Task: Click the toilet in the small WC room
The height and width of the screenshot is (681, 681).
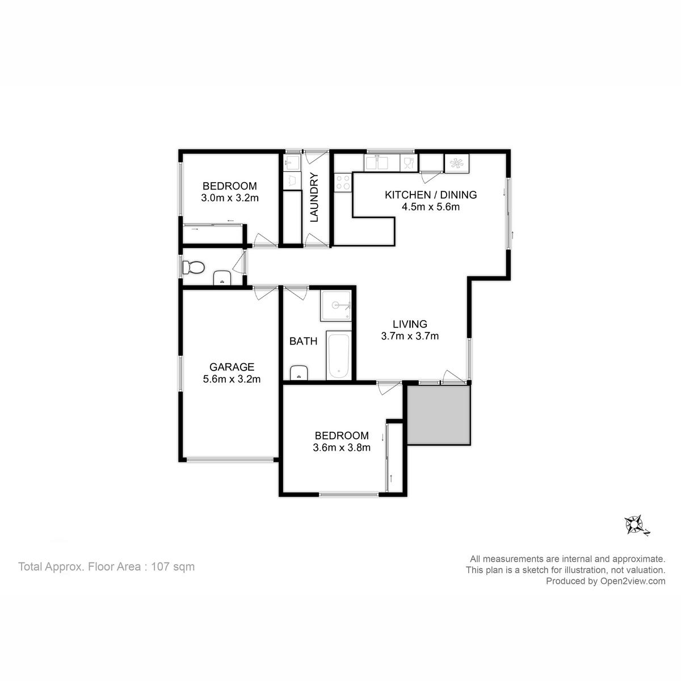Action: pyautogui.click(x=194, y=268)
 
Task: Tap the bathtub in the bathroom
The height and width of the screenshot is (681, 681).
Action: pyautogui.click(x=339, y=356)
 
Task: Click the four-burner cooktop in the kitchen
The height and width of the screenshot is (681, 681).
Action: pyautogui.click(x=343, y=182)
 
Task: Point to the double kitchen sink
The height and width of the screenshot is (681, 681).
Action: pyautogui.click(x=377, y=163)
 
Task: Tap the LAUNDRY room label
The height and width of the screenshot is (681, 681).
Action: pyautogui.click(x=314, y=197)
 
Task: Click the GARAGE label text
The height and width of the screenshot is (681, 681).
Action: pyautogui.click(x=232, y=367)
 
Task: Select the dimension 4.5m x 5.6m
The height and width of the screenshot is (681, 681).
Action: pyautogui.click(x=430, y=207)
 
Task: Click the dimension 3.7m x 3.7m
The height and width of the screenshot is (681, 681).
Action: pyautogui.click(x=410, y=336)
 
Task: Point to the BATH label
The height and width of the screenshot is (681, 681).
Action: pyautogui.click(x=303, y=341)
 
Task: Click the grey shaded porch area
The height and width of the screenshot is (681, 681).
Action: pyautogui.click(x=439, y=415)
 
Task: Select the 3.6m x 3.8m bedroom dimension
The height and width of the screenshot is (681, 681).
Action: pyautogui.click(x=342, y=447)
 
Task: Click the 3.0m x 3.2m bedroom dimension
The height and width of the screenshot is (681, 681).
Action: pyautogui.click(x=230, y=198)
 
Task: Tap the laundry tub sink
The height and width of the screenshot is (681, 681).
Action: pyautogui.click(x=292, y=163)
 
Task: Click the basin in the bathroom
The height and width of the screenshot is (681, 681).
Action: pyautogui.click(x=299, y=373)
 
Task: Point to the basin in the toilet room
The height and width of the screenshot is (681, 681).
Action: pyautogui.click(x=222, y=278)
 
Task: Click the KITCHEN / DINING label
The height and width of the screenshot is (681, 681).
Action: pyautogui.click(x=430, y=195)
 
